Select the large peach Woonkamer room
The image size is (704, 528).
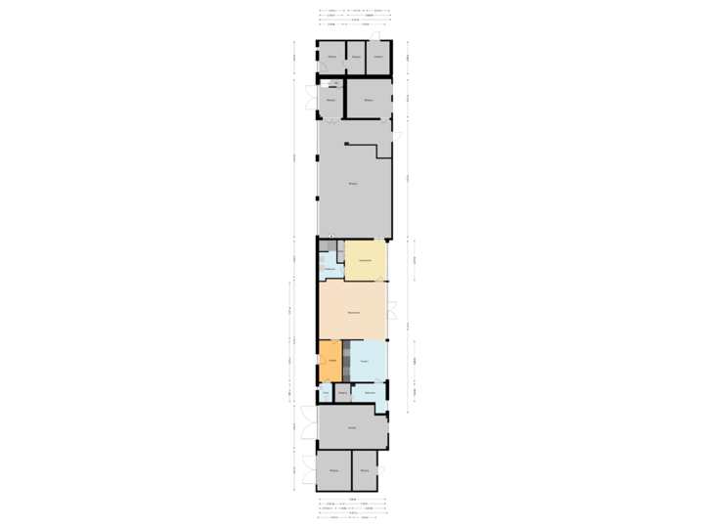coord(353,311)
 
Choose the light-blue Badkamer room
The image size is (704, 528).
coord(330,268)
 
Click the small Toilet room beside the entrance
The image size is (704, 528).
coord(326,393)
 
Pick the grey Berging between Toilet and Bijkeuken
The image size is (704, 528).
coord(342,393)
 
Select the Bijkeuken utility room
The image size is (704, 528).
coord(369,393)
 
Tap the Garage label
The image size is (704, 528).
coord(350,428)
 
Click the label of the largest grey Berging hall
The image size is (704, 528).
coord(352,183)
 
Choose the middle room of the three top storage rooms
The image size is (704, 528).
coord(356,58)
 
